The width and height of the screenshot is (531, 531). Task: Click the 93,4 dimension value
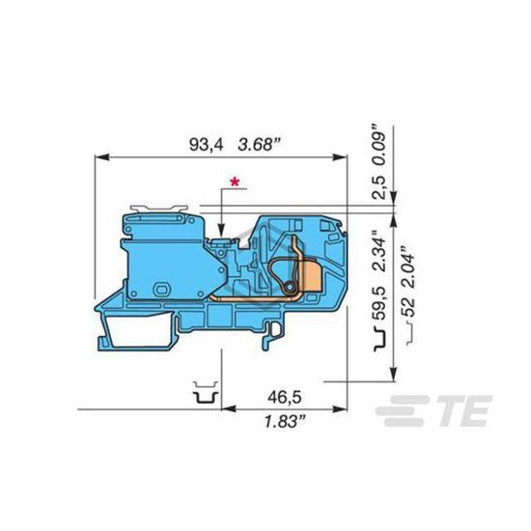[x=207, y=145]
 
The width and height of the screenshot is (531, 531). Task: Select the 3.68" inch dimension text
[x=260, y=145]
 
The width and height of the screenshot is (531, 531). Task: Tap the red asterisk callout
[x=235, y=182]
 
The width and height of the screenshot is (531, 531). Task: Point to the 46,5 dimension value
[x=284, y=397]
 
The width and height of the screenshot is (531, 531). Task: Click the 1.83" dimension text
[x=285, y=422]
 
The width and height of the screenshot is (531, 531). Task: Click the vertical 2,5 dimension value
[x=379, y=187]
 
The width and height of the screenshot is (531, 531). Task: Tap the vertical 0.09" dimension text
[x=379, y=145]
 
